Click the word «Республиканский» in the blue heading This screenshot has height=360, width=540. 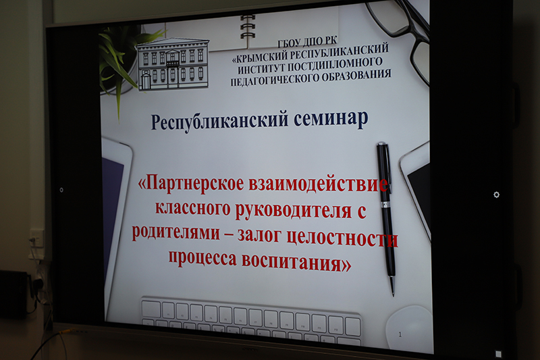pyautogui.click(x=219, y=121)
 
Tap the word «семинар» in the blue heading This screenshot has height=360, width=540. pyautogui.click(x=331, y=119)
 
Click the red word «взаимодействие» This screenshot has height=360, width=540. pyautogui.click(x=319, y=184)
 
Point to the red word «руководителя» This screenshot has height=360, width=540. pyautogui.click(x=294, y=210)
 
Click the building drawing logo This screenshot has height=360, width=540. pyautogui.click(x=173, y=64)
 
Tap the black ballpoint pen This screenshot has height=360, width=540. pyautogui.click(x=386, y=217)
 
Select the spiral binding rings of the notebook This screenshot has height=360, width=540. pyautogui.click(x=248, y=28)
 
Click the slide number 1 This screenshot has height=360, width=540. pyautogui.click(x=400, y=334)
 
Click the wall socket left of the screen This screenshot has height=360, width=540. pyautogui.click(x=36, y=238)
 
